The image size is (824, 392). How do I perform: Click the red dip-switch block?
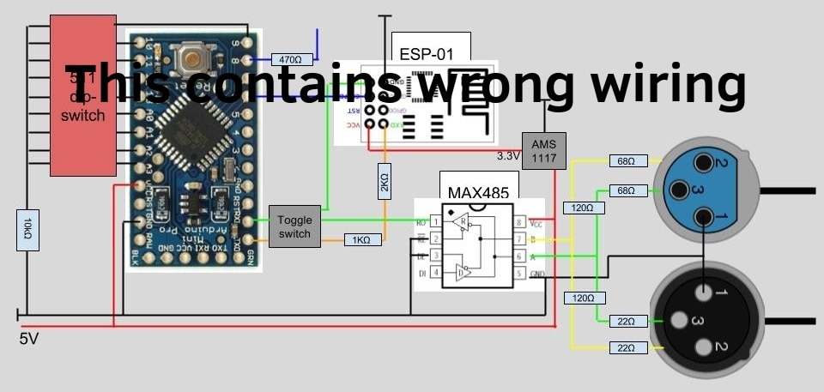[x=82, y=94]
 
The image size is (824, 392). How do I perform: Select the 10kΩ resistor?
[x=27, y=229]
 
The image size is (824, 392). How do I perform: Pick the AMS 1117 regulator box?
[x=543, y=150]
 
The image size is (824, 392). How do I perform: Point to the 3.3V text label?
[x=509, y=156]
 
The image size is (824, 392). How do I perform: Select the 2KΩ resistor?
[x=385, y=183]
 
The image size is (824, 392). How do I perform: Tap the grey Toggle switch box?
[x=295, y=226]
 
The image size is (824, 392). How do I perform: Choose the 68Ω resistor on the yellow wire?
[x=626, y=161]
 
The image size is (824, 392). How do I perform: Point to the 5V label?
[x=29, y=340]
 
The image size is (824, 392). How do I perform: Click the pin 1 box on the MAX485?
[x=435, y=222]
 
